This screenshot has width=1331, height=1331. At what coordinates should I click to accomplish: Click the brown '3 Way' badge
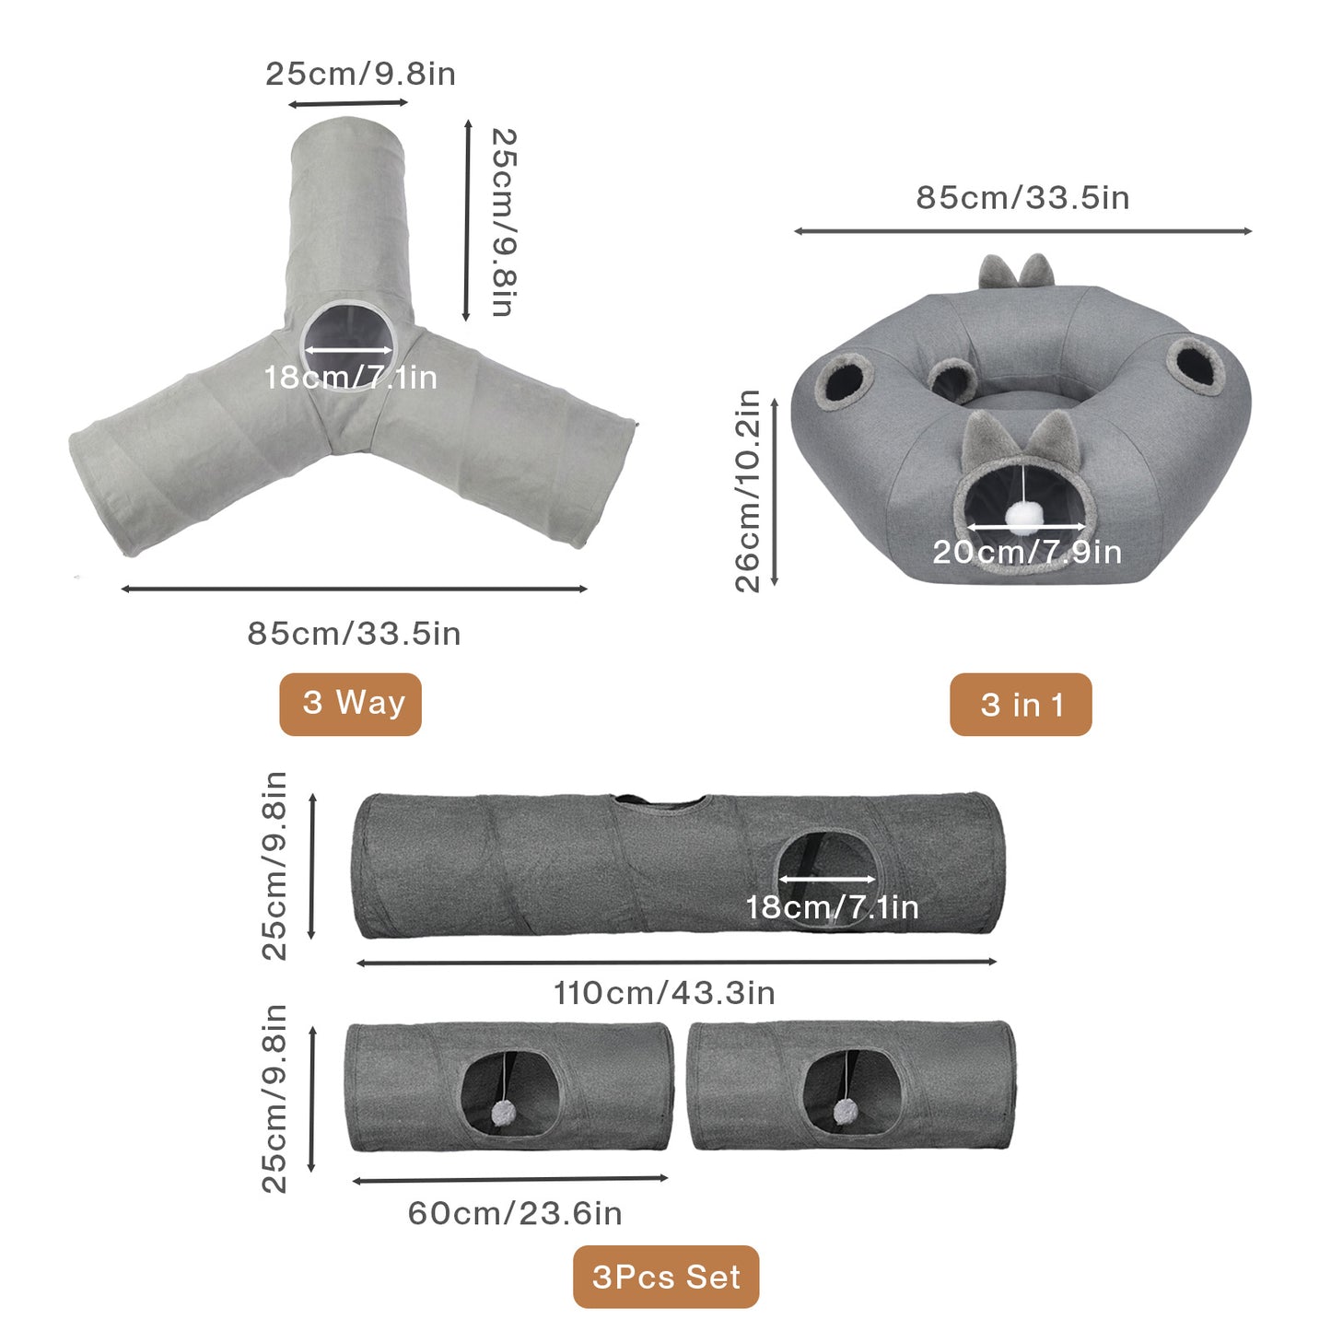(350, 704)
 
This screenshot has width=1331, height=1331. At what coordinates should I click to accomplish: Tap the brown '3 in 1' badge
(1021, 705)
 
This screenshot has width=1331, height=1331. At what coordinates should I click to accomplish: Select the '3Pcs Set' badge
(666, 1277)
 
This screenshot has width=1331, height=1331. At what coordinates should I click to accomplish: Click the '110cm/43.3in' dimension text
(664, 993)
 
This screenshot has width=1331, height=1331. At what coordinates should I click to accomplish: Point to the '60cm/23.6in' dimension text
(515, 1214)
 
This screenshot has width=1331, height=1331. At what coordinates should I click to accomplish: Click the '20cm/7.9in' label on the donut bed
(1027, 552)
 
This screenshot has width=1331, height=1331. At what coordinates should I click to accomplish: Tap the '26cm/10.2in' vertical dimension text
(748, 491)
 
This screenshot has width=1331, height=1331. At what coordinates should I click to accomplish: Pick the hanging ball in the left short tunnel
(501, 1113)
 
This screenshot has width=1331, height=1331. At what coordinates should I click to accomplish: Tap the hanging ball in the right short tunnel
(846, 1112)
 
